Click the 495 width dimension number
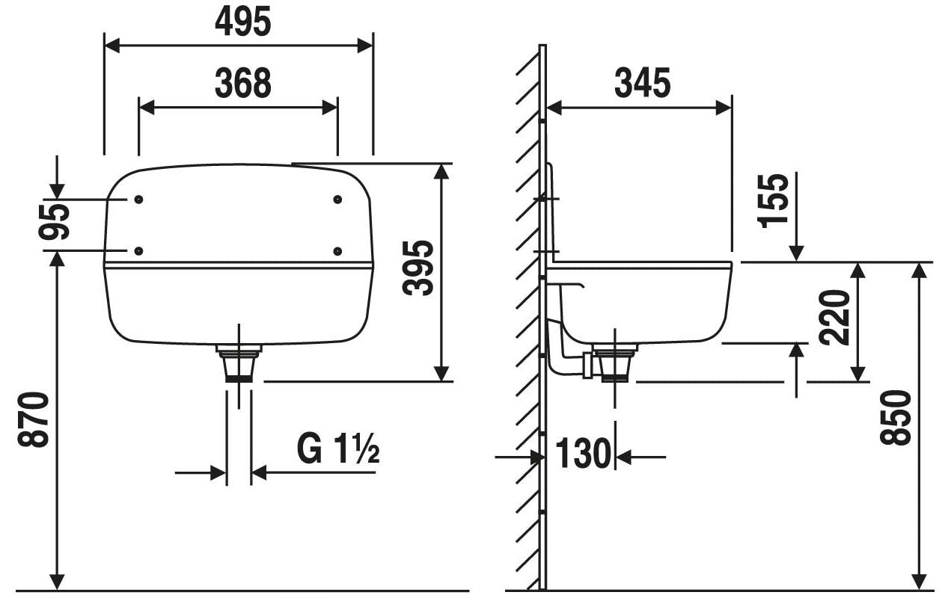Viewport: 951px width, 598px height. click(x=243, y=22)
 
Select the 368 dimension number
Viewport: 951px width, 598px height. click(x=243, y=83)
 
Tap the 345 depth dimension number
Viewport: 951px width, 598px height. click(x=642, y=83)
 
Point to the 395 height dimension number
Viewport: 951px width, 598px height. click(x=418, y=268)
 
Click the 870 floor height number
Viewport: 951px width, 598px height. click(x=33, y=419)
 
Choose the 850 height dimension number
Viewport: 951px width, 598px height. click(x=895, y=418)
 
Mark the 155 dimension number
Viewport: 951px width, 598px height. click(x=773, y=200)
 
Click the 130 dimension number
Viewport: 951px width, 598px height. click(x=583, y=454)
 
